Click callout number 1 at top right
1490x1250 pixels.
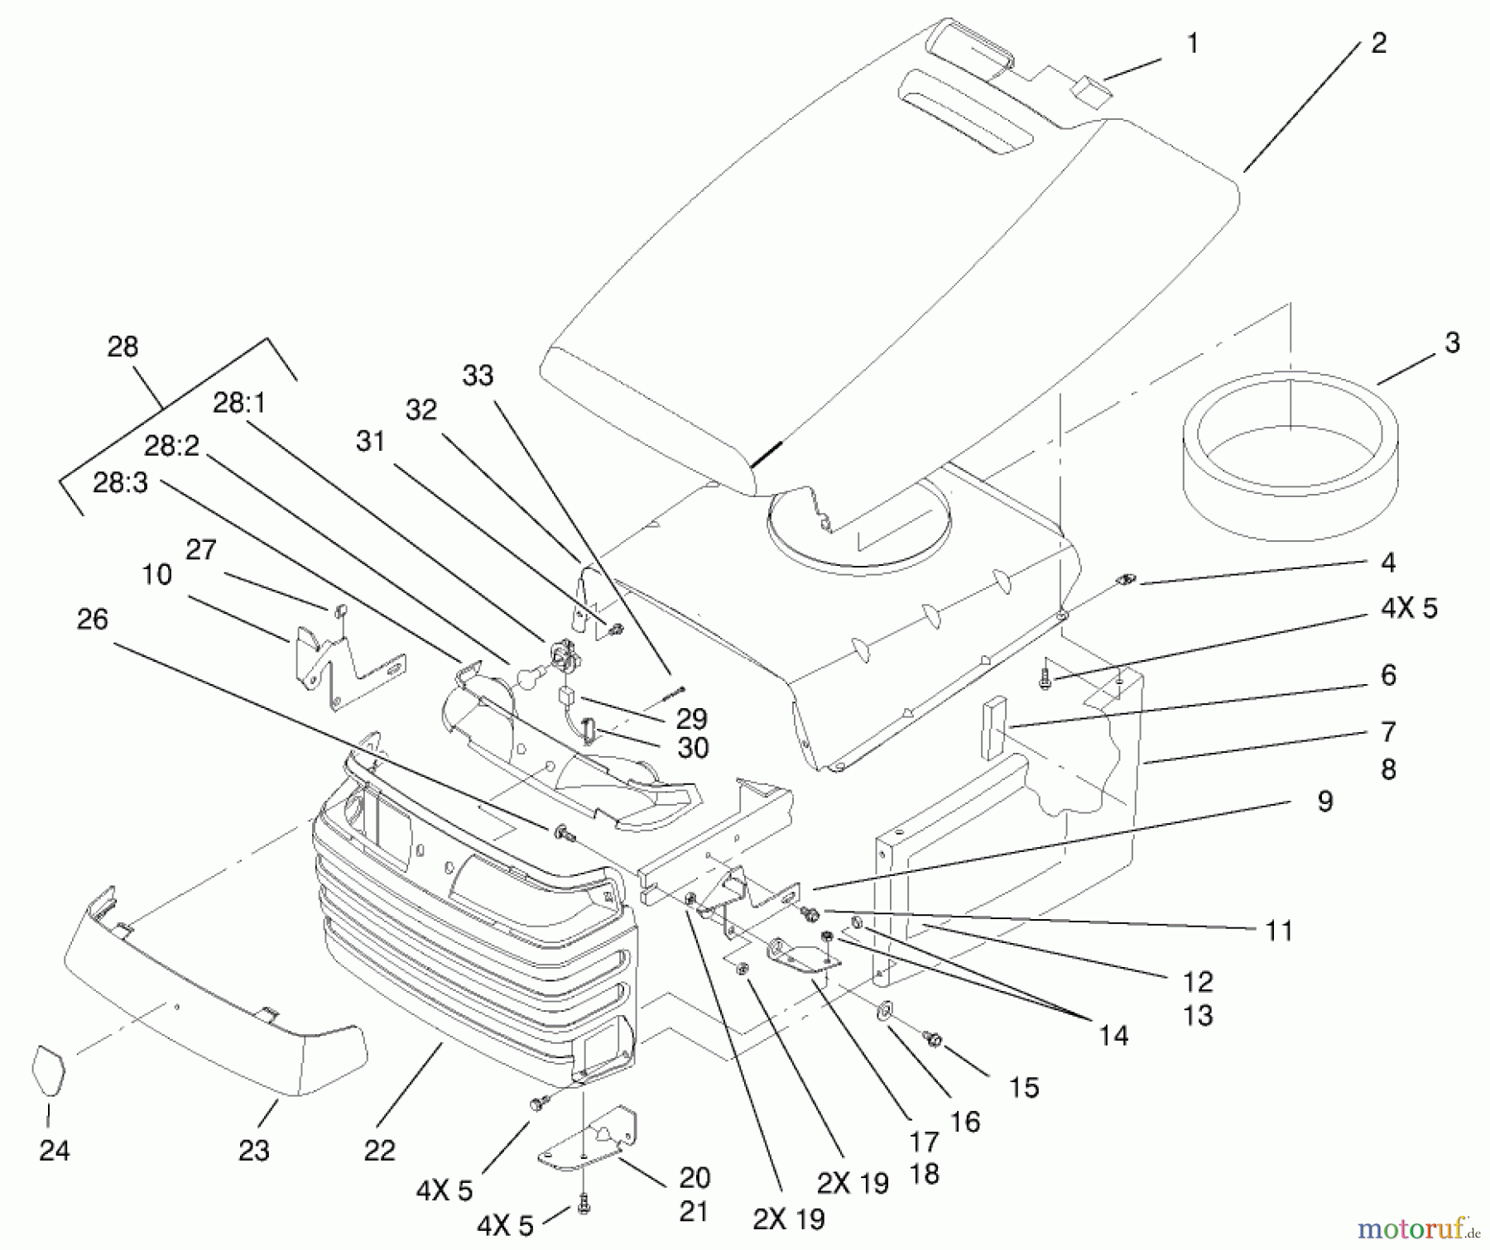[x=1193, y=43]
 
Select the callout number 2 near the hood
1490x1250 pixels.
[x=1378, y=43]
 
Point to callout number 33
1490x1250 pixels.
[x=478, y=376]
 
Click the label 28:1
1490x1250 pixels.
[x=239, y=403]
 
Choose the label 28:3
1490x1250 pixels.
[x=120, y=482]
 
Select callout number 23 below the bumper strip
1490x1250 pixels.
[x=253, y=1151]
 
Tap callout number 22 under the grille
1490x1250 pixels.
[x=379, y=1151]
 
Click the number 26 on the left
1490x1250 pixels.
[x=92, y=619]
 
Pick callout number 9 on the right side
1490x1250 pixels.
[x=1324, y=801]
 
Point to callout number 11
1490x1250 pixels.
[x=1279, y=931]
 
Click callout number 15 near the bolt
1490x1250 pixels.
[x=1023, y=1087]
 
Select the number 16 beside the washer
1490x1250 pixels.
[x=964, y=1122]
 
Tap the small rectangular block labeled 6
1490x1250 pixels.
[x=993, y=728]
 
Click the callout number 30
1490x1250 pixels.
[x=693, y=748]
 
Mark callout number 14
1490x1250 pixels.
[x=1113, y=1035]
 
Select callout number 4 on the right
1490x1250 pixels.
[x=1388, y=563]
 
